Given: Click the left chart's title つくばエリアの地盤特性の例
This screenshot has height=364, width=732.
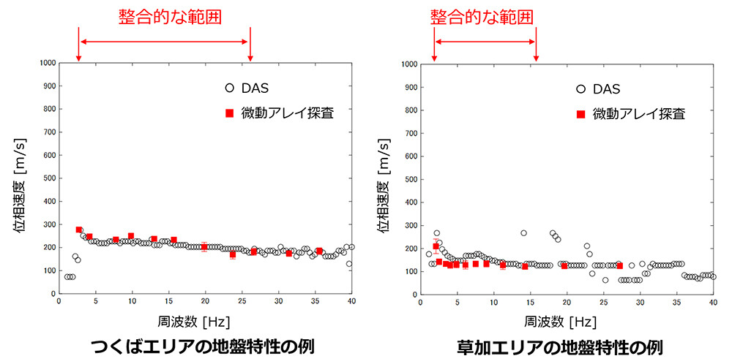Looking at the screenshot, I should (202, 346).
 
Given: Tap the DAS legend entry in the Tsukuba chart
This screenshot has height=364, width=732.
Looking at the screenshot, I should (256, 88).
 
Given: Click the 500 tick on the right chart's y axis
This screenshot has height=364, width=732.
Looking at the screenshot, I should (405, 179).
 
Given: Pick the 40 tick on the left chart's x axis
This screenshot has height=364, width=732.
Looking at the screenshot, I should (351, 300).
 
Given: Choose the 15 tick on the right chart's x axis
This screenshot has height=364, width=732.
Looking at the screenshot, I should (531, 300).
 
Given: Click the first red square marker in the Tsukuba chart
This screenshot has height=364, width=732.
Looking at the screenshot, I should (79, 230).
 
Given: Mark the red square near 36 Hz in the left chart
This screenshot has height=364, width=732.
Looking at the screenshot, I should (318, 251).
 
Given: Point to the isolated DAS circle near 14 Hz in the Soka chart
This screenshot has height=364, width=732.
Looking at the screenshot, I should (523, 233).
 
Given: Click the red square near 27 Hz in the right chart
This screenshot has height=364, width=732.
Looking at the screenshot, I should (619, 266).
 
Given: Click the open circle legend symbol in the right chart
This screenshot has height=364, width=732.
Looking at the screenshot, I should (580, 89).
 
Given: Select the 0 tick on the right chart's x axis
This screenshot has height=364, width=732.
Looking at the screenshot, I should (421, 300).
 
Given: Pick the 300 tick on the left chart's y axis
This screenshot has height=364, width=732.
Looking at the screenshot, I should (45, 224).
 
